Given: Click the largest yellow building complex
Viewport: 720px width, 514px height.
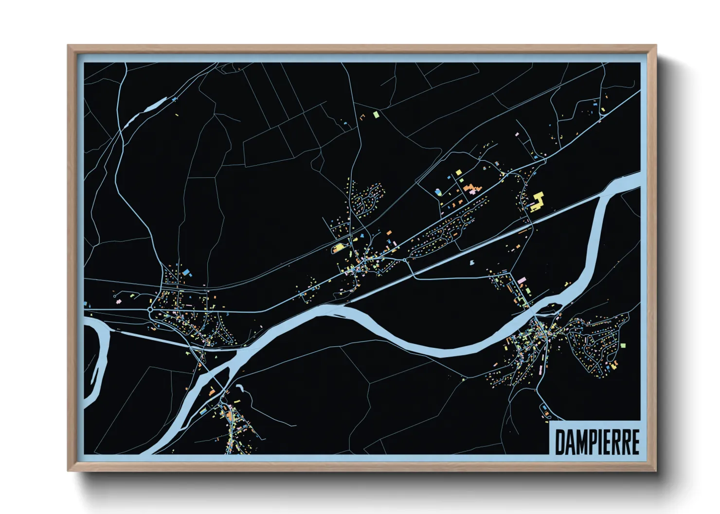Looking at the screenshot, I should tap(537, 201).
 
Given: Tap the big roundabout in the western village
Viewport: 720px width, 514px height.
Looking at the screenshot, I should tap(151, 309).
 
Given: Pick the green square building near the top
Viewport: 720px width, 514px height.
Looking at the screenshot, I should tap(375, 114).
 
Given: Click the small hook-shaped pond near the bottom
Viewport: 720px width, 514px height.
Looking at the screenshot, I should tap(240, 388).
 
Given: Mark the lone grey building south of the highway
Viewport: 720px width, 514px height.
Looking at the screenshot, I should tap(471, 263).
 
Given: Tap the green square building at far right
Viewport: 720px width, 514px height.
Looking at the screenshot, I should tap(623, 345).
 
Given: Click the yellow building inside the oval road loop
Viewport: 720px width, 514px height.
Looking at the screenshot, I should tap(337, 249).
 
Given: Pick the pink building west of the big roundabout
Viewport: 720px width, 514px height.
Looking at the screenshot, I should tap(118, 302).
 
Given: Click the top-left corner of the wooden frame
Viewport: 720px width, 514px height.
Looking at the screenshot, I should tap(68, 46).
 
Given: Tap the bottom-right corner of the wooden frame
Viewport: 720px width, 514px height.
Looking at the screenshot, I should tap(656, 471).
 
